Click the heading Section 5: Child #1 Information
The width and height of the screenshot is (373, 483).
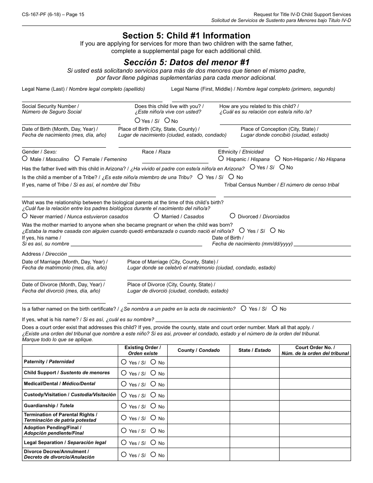[x=186, y=36]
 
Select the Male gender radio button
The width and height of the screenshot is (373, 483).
[x=25, y=159]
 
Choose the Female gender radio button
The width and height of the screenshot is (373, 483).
[x=77, y=159]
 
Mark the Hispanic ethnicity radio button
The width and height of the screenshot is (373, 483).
[x=221, y=159]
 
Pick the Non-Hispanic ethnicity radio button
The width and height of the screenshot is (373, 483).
[x=278, y=159]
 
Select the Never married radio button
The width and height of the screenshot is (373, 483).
[x=25, y=216]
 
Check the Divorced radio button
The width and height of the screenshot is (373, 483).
[x=232, y=216]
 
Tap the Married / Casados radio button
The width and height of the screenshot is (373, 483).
[x=156, y=216]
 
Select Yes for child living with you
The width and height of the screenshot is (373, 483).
[x=137, y=121]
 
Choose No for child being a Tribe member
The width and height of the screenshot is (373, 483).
[x=231, y=177]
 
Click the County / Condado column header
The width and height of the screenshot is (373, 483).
[x=198, y=350]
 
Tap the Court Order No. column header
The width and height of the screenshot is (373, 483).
[x=315, y=350]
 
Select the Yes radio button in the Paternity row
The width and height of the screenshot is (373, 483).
[x=124, y=362]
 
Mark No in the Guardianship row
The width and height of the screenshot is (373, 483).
[x=153, y=406]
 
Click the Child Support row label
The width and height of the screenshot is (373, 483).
[x=67, y=373]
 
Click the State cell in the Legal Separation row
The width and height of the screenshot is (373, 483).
[x=254, y=443]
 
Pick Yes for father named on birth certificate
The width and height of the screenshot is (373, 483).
[x=243, y=309]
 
